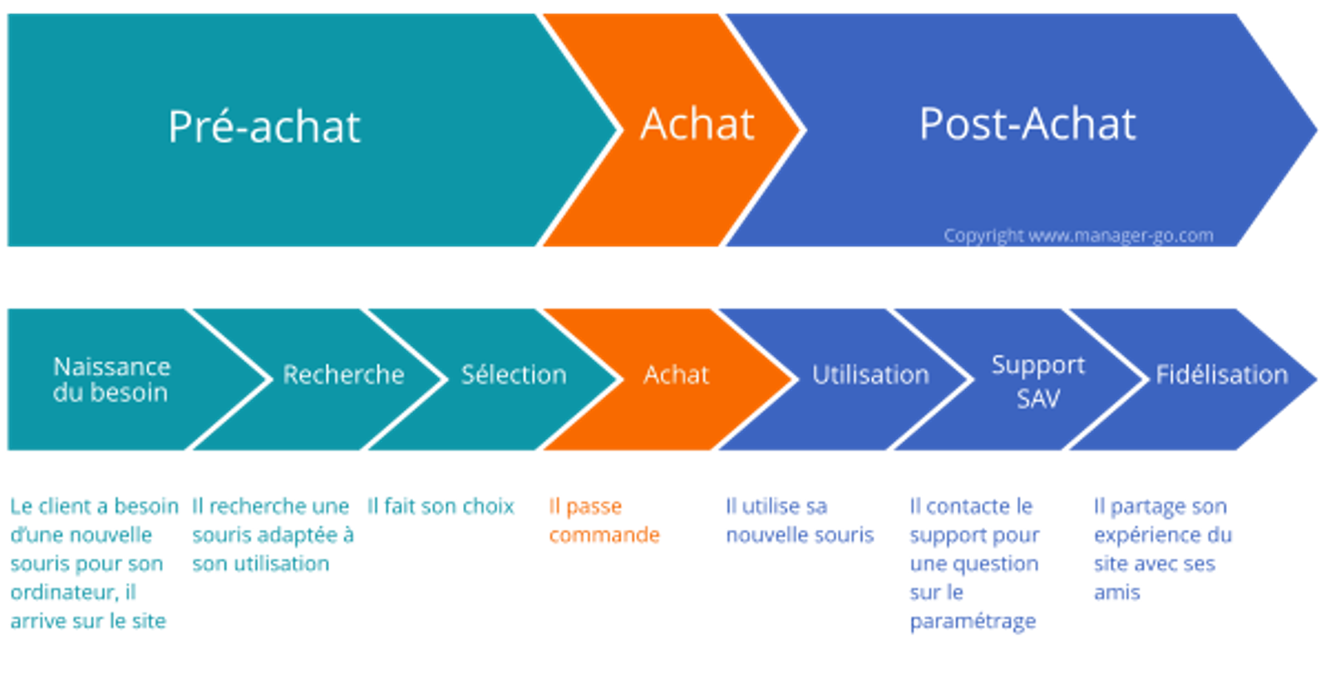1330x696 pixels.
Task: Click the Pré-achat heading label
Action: [x=264, y=127]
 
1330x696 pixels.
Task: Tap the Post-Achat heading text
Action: [x=1027, y=125]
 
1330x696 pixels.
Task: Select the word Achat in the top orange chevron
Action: [x=697, y=125]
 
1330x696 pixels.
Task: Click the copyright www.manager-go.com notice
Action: [x=1078, y=236]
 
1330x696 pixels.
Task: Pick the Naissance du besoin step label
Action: [x=111, y=379]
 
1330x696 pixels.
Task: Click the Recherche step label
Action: [x=343, y=375]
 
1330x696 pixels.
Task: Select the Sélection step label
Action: [x=514, y=375]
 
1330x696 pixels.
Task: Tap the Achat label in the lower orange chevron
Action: [x=676, y=375]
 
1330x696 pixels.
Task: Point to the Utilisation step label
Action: [x=870, y=375]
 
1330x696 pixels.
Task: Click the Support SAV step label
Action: [x=1038, y=382]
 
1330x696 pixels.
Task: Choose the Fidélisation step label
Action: [x=1221, y=375]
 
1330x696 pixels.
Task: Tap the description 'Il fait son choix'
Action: [x=441, y=506]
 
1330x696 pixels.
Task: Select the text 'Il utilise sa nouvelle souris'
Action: [x=799, y=521]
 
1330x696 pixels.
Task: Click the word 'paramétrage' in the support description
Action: [x=973, y=622]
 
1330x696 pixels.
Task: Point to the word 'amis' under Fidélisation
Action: [x=1116, y=593]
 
